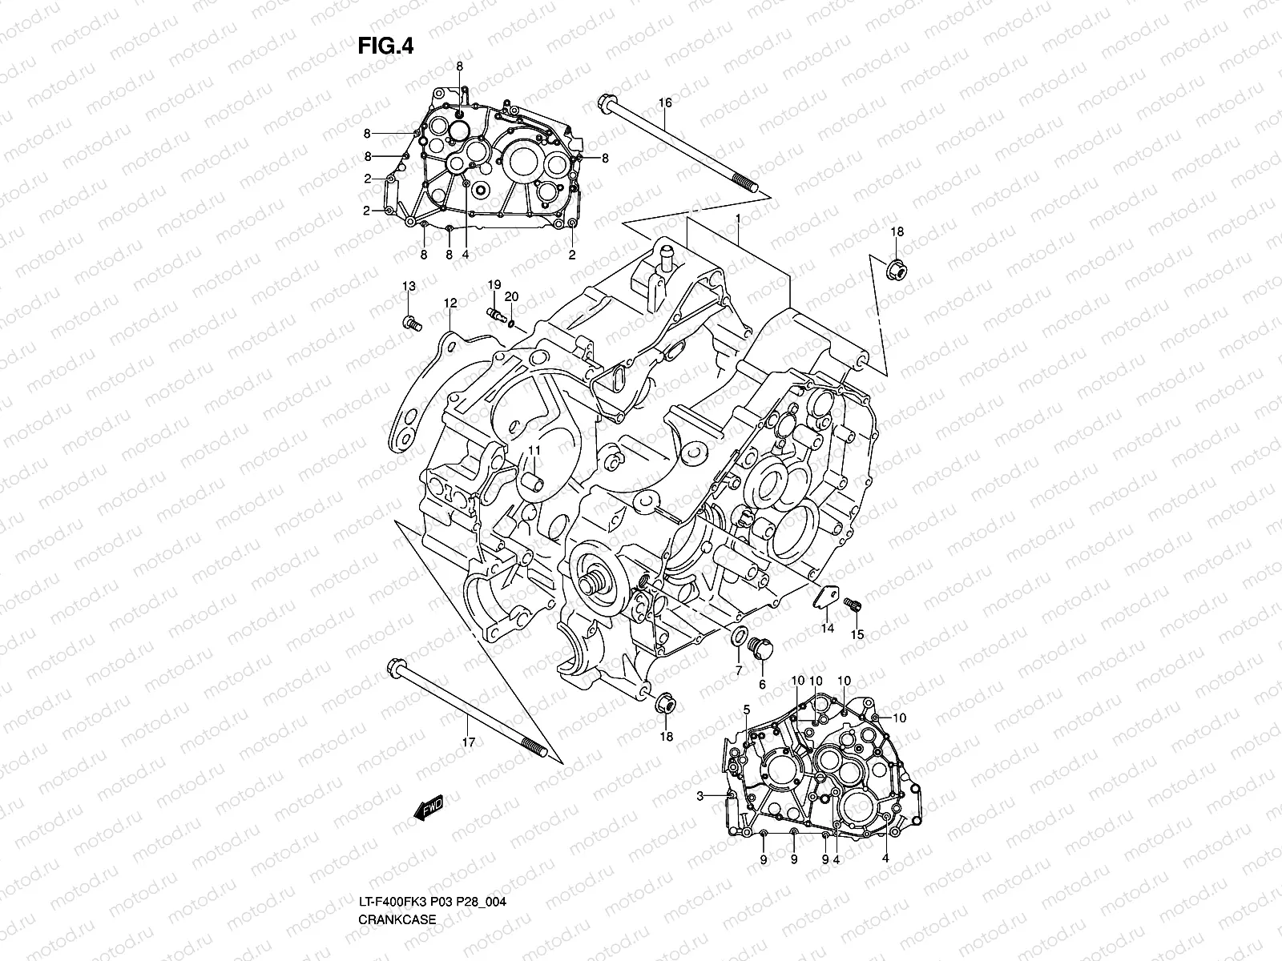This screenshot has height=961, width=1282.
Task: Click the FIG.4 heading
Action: point(385,46)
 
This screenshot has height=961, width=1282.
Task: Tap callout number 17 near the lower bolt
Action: point(469,742)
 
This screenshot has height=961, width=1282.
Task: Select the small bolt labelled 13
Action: point(411,323)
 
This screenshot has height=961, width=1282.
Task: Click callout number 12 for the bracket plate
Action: point(450,303)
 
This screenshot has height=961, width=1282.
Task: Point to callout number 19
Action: point(494,285)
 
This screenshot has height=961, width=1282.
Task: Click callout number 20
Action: point(511,296)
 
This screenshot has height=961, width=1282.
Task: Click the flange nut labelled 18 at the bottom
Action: point(665,704)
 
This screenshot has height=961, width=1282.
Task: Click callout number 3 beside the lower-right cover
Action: point(699,795)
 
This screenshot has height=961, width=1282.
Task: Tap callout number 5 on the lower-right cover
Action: point(746,710)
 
